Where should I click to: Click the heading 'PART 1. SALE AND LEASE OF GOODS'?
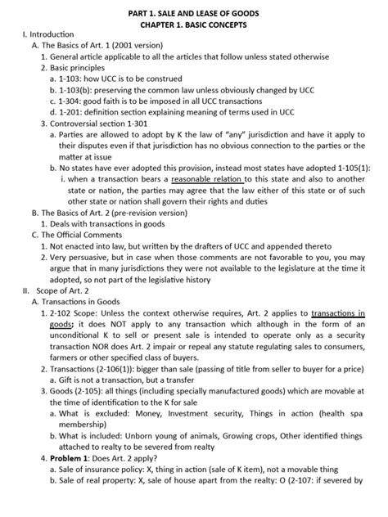pyautogui.click(x=193, y=11)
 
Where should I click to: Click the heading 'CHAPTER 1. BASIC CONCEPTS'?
pyautogui.click(x=193, y=25)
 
